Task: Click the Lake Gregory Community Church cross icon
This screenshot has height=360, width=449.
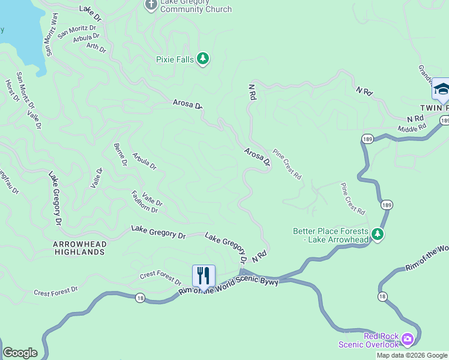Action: coord(150,5)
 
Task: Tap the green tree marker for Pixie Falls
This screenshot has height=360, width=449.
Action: coord(203,58)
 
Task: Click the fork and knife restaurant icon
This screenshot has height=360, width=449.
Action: coord(203,275)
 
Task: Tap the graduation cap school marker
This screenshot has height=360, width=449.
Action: coord(441,89)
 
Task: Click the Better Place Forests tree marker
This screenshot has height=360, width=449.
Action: coord(377,233)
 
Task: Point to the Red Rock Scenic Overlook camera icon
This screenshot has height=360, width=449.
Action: coord(408,340)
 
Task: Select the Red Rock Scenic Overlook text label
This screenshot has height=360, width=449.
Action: coord(369,340)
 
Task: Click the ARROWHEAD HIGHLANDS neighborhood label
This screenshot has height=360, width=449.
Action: coord(79,248)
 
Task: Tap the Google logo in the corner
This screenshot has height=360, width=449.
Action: coord(20,353)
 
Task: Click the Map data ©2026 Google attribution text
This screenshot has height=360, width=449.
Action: coord(412,355)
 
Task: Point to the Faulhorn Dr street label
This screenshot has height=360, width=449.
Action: coord(144,202)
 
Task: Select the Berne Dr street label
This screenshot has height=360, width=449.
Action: coord(121,154)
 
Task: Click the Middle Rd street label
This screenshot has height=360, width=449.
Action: coord(412,128)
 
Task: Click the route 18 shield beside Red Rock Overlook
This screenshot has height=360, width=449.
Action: coord(382,296)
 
